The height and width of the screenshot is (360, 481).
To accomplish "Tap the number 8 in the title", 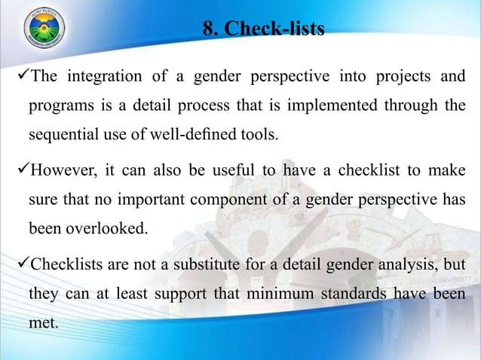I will click(209, 29).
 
